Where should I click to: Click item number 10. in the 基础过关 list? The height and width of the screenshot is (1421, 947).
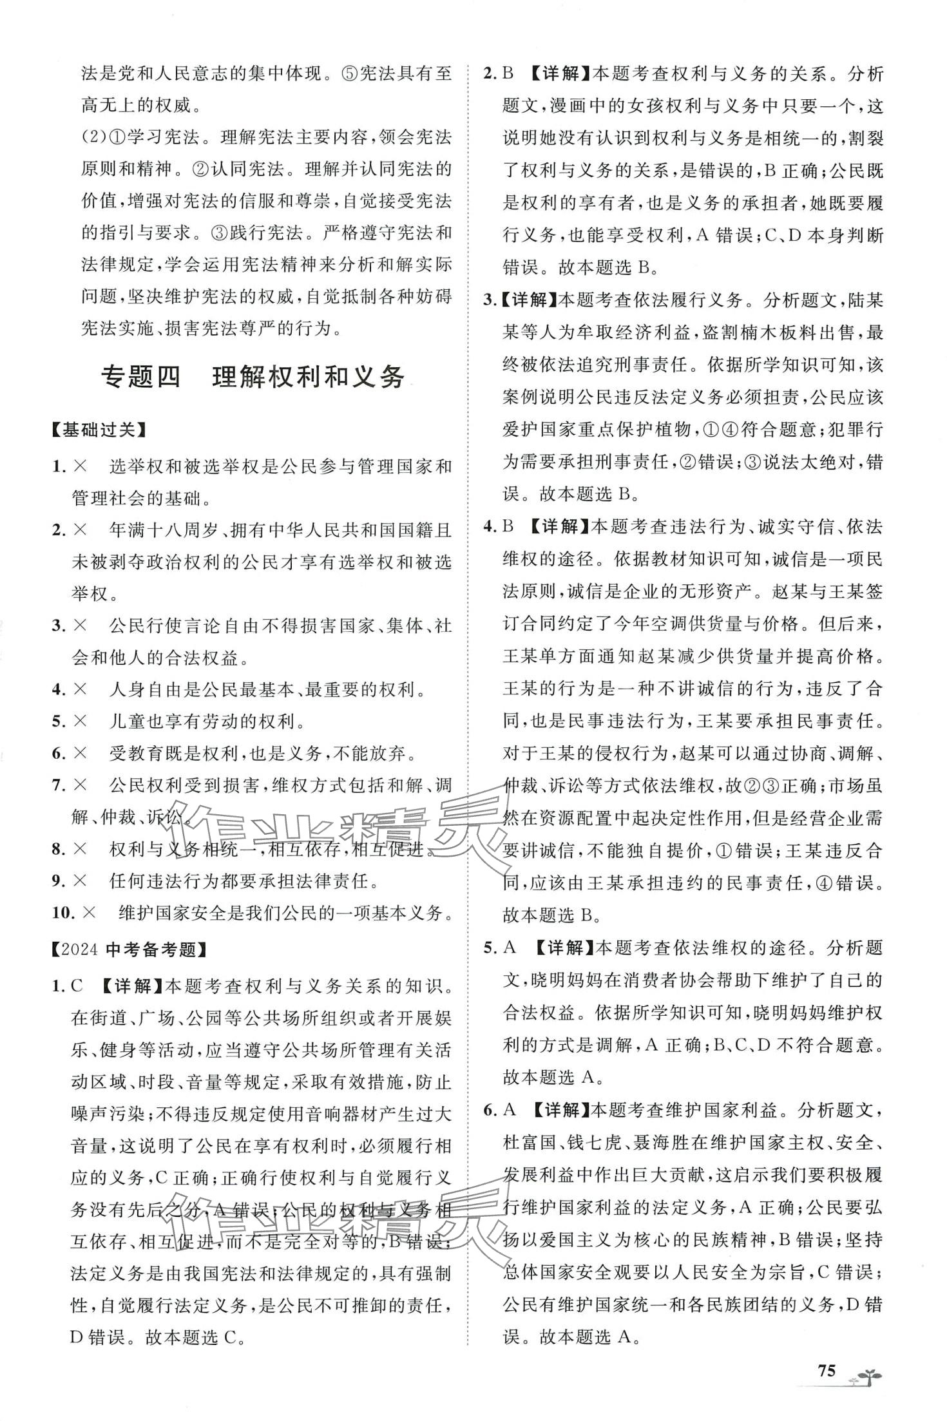point(65,913)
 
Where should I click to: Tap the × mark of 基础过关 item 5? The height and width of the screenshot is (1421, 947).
point(81,721)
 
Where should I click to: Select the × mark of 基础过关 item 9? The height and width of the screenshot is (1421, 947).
point(81,881)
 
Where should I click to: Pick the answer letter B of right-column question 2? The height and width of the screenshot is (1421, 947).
point(508,74)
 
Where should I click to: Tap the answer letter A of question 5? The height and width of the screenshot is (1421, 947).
point(509,948)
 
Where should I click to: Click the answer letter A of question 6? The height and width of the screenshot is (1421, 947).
point(509,1109)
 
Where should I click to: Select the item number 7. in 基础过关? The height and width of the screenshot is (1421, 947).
point(60,785)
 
